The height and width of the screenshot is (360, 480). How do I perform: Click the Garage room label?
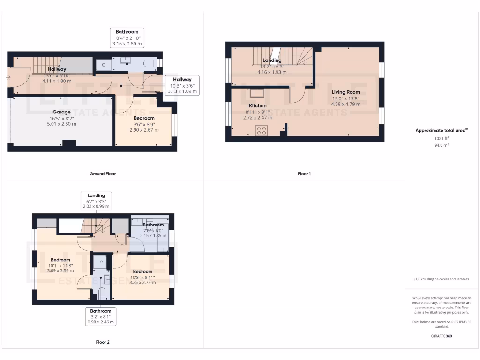pyautogui.click(x=61, y=112)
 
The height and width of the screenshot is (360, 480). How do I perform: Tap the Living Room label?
pyautogui.click(x=346, y=92)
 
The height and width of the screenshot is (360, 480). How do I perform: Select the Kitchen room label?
pyautogui.click(x=257, y=106)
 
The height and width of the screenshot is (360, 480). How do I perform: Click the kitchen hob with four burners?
pyautogui.click(x=261, y=131)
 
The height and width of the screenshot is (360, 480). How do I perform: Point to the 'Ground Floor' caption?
pyautogui.click(x=103, y=174)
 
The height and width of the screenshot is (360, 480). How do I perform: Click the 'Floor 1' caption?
pyautogui.click(x=304, y=174)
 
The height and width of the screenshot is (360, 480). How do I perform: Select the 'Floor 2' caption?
pyautogui.click(x=103, y=342)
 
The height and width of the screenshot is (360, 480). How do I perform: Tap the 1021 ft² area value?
pyautogui.click(x=442, y=139)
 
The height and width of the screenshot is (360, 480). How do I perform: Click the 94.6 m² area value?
pyautogui.click(x=442, y=145)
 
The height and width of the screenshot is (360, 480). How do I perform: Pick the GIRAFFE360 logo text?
pyautogui.click(x=442, y=336)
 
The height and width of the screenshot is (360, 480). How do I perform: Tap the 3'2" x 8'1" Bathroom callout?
pyautogui.click(x=101, y=316)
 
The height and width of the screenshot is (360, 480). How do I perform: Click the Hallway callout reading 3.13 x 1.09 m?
pyautogui.click(x=182, y=85)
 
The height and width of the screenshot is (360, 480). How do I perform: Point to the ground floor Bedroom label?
pyautogui.click(x=144, y=118)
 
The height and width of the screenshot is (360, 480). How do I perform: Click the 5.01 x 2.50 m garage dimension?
pyautogui.click(x=61, y=124)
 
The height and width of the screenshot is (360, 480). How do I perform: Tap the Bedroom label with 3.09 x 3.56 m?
pyautogui.click(x=60, y=260)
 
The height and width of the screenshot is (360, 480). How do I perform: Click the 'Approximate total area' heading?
pyautogui.click(x=442, y=131)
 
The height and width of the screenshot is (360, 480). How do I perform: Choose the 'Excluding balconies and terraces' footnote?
pyautogui.click(x=442, y=279)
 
